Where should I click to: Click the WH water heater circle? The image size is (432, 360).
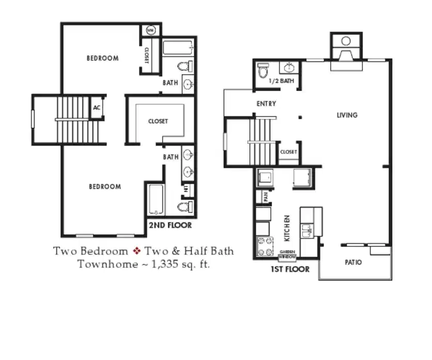pyautogui.click(x=151, y=30)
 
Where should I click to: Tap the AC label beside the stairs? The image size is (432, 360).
pyautogui.click(x=97, y=108)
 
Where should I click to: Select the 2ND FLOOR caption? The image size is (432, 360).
pyautogui.click(x=170, y=225)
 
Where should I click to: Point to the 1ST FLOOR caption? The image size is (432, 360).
pyautogui.click(x=290, y=269)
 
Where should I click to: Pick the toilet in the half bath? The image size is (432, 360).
pyautogui.click(x=264, y=70)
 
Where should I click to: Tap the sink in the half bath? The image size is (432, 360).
pyautogui.click(x=289, y=67)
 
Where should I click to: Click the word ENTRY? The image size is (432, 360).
pyautogui.click(x=266, y=104)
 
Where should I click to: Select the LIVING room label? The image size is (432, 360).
pyautogui.click(x=347, y=115)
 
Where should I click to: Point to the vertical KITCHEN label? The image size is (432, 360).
pyautogui.click(x=287, y=228)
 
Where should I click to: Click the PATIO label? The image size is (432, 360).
pyautogui.click(x=353, y=262)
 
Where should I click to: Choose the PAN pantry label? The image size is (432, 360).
pyautogui.click(x=266, y=196)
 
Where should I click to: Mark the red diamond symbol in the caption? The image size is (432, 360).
pyautogui.click(x=137, y=252)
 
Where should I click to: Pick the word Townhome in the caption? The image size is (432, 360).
pyautogui.click(x=101, y=264)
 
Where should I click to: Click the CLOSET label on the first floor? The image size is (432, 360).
pyautogui.click(x=288, y=152)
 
